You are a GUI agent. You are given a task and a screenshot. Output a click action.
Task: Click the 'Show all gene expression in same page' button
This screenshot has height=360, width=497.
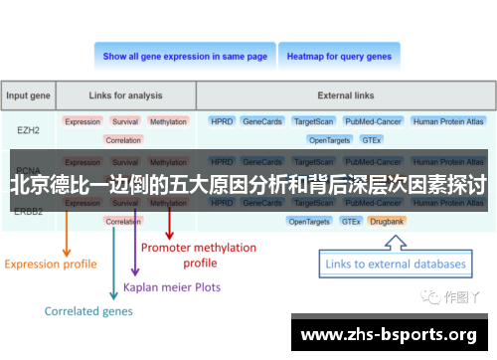[x=185, y=57]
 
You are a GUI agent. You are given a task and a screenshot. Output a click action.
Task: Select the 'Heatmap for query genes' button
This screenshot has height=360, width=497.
[x=339, y=57]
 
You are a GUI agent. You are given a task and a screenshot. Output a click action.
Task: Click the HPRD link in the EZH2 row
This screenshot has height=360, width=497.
[x=221, y=121]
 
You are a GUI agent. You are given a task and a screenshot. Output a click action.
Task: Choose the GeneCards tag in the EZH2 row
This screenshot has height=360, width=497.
[x=262, y=121]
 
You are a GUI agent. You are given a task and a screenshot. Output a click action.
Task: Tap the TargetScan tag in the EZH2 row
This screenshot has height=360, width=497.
[x=312, y=121]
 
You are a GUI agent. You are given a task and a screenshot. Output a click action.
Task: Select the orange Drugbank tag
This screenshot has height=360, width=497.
[x=386, y=221]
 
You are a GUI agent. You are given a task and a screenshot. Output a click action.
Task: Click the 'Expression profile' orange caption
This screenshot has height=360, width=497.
[x=51, y=264]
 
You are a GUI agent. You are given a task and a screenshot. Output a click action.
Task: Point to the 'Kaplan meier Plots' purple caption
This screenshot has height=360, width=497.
[x=171, y=286]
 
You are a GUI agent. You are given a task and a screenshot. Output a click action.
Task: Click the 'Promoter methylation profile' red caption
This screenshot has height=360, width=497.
[x=199, y=255]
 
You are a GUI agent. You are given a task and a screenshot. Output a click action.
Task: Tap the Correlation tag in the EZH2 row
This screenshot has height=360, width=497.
[x=123, y=140]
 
